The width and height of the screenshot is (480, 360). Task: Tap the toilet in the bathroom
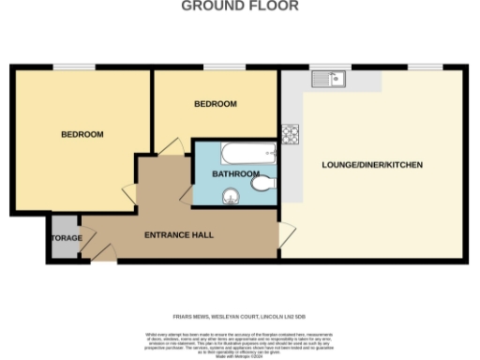(263, 185)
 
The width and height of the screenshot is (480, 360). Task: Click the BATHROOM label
(234, 174)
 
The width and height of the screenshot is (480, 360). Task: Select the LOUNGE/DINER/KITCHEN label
(372, 165)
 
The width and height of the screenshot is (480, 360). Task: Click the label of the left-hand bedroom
(82, 134)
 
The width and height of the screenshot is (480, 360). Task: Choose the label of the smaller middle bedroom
(215, 104)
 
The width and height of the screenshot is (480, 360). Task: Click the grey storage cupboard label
(67, 238)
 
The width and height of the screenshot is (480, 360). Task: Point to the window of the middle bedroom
(215, 66)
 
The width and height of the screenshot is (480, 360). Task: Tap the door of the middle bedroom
(172, 146)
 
